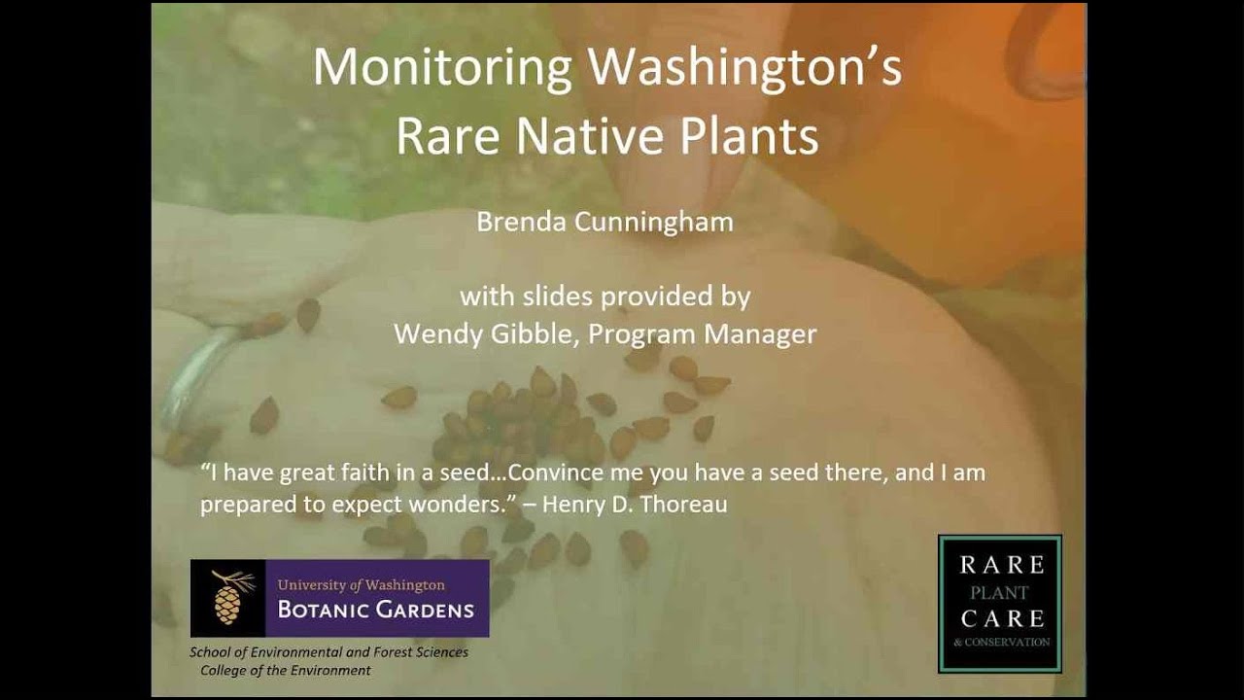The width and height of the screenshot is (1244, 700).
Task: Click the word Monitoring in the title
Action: (x=442, y=69)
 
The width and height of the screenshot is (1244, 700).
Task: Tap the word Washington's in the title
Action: (x=745, y=67)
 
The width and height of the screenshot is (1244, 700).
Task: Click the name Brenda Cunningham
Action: (x=605, y=222)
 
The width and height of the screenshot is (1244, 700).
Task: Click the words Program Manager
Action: (x=702, y=334)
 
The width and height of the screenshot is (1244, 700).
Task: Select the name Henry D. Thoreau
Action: (x=635, y=504)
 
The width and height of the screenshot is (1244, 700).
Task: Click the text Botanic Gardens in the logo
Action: (x=375, y=610)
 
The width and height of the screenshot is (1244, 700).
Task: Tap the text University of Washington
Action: (x=361, y=585)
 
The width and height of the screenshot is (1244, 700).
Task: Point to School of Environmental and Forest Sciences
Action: (x=328, y=652)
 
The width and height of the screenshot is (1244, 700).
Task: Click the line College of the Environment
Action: (x=286, y=671)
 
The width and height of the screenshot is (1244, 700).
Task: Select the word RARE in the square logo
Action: (x=1002, y=566)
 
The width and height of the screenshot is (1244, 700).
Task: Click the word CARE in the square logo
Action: (x=1002, y=618)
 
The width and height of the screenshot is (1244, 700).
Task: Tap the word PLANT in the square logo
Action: (x=1000, y=593)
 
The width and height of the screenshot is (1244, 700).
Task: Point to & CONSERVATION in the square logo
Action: (x=1002, y=643)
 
